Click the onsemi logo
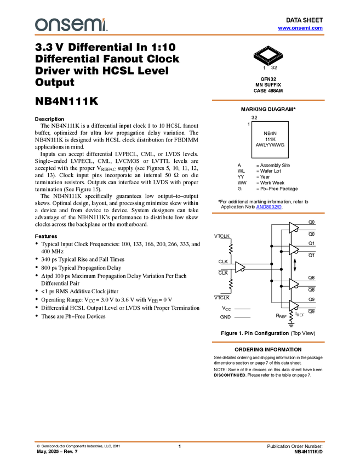71,25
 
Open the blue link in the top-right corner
300,28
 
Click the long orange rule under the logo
180,35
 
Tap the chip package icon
268,54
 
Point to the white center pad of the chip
268,53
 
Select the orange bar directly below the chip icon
268,100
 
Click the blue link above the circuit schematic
268,207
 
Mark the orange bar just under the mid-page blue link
268,213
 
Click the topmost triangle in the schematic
293,228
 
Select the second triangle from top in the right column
293,249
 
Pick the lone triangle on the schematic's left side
239,267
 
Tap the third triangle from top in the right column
293,284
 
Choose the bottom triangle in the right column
293,305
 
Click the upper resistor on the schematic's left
231,248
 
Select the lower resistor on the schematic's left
231,283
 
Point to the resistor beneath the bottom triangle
292,316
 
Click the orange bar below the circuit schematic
268,342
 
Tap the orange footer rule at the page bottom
180,441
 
